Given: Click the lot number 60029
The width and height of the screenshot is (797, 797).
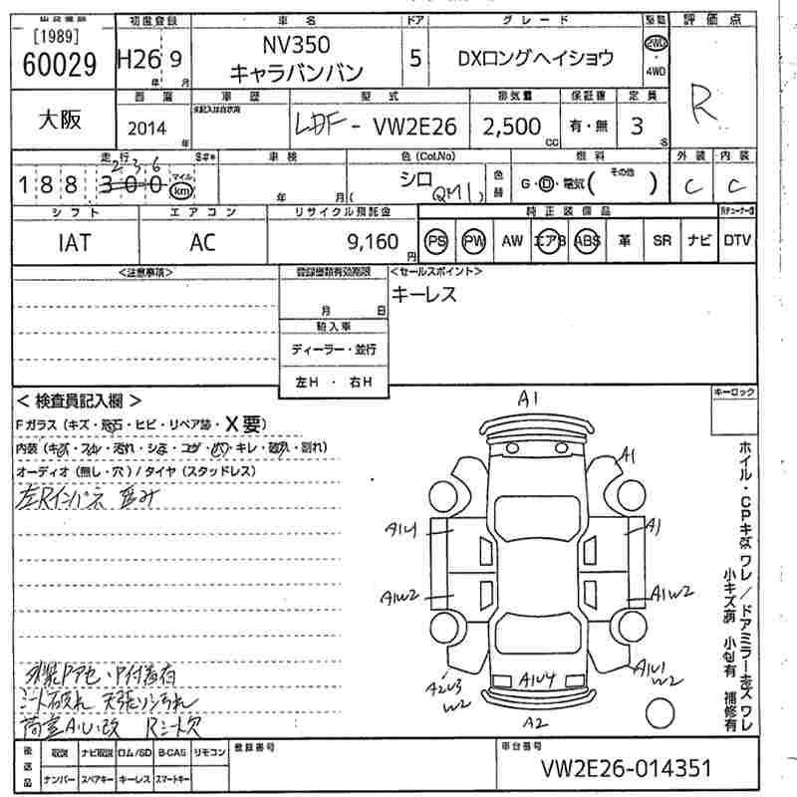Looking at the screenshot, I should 59,65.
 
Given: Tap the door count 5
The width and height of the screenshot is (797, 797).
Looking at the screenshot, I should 414,58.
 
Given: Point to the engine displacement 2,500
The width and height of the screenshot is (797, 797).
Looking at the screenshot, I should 512,127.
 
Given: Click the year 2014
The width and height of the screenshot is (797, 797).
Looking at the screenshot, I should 147,129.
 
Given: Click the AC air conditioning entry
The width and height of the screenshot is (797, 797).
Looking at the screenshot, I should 202,241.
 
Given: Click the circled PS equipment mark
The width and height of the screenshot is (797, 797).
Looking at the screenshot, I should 436,241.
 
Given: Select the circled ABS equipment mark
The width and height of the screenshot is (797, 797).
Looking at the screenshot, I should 588,241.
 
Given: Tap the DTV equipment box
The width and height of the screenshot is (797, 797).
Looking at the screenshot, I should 737,240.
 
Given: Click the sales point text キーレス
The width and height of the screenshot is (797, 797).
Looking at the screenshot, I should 423,294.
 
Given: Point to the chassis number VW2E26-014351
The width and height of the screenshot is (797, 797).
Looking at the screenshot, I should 627,768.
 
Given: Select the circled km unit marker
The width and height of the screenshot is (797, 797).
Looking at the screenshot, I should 180,190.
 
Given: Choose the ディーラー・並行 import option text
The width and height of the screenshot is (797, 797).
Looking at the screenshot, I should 334,350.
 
